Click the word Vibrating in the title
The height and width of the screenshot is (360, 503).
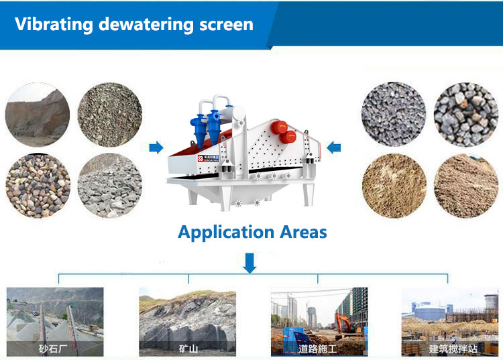[x=52, y=25]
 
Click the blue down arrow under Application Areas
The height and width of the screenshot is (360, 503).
[x=249, y=262]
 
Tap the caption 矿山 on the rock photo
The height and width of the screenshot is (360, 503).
[x=187, y=349]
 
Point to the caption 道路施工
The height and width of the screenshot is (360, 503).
[x=319, y=349]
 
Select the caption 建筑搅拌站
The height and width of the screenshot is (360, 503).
[x=450, y=349]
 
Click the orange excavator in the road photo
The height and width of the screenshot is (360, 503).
[x=346, y=321]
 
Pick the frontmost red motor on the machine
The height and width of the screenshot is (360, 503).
[x=288, y=136]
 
